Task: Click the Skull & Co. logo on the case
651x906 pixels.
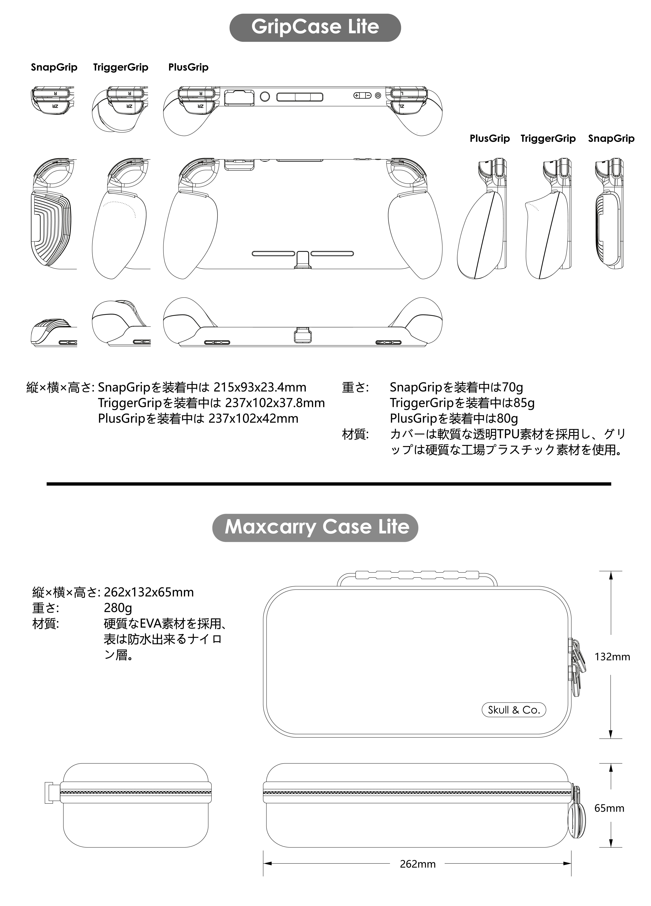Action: (513, 710)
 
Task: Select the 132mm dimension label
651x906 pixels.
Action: (612, 657)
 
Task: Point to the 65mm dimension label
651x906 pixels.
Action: (609, 808)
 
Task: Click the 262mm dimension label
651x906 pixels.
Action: (418, 864)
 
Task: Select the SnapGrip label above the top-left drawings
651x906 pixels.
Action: (54, 67)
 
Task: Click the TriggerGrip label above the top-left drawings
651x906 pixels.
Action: (121, 67)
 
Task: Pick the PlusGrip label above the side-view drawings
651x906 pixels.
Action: (490, 139)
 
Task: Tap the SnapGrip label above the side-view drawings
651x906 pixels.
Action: (611, 139)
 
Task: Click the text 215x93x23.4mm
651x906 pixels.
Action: (260, 387)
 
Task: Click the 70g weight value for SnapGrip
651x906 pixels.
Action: (512, 387)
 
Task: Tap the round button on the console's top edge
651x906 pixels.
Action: (265, 96)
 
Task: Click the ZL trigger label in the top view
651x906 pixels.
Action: (402, 106)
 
